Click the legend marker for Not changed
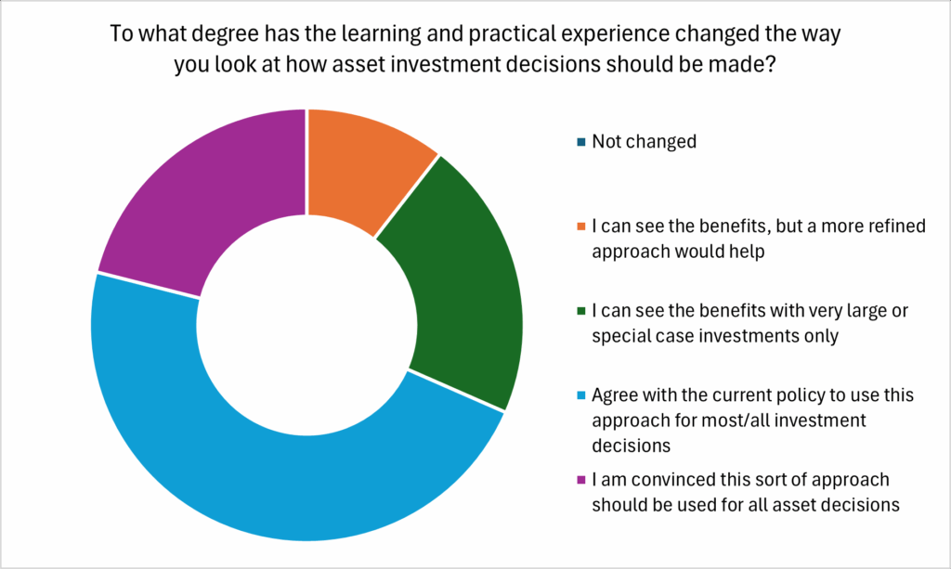[x=580, y=142]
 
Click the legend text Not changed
[x=644, y=142]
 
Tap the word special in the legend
[x=621, y=336]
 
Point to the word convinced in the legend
[x=667, y=480]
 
